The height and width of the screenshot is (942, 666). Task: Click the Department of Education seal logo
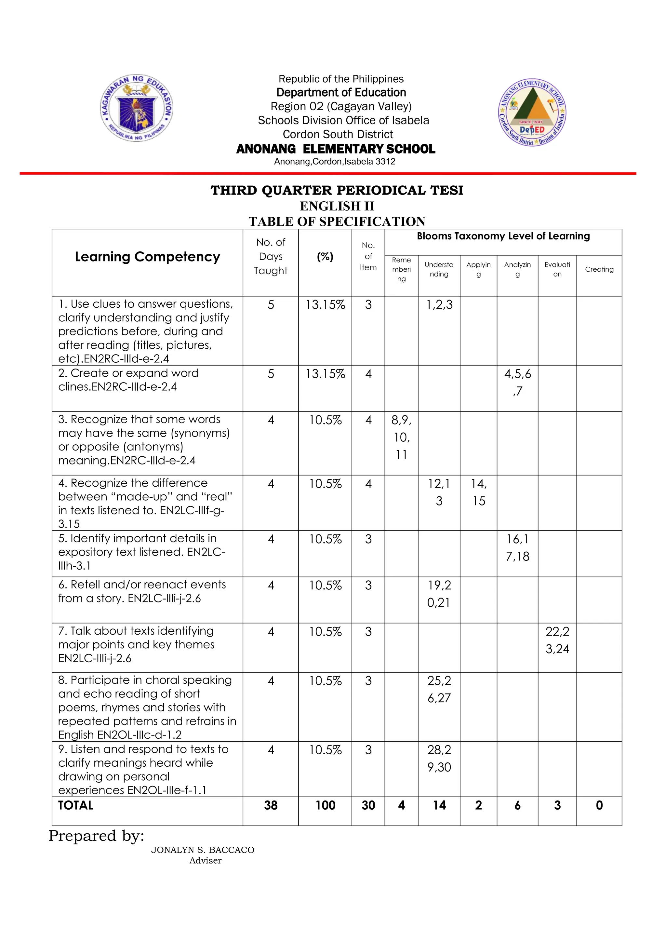click(x=137, y=108)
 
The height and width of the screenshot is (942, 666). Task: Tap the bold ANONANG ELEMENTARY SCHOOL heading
click(x=336, y=149)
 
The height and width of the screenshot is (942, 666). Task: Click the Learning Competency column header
click(x=147, y=257)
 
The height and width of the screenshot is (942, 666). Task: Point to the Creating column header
click(x=599, y=270)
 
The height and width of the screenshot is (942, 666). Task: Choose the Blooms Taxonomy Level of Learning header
click(x=503, y=236)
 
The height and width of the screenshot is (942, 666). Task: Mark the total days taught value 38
click(x=271, y=805)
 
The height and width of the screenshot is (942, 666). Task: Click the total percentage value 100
click(x=325, y=805)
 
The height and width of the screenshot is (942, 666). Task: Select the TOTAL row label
click(x=76, y=805)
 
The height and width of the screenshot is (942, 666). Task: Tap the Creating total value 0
click(x=599, y=805)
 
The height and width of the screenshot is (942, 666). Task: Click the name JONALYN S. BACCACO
click(x=203, y=850)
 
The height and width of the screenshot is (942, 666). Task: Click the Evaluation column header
click(x=557, y=270)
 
